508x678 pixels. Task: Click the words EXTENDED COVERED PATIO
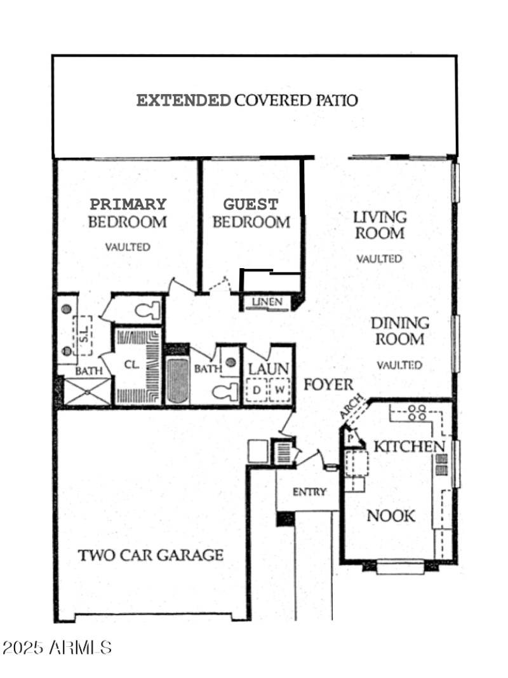point(248,100)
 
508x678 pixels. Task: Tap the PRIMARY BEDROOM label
point(127,214)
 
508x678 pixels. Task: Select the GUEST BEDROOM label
point(251,214)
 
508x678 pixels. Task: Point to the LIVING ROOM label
point(380,225)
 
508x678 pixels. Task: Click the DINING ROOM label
point(399,331)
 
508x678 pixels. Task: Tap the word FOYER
point(328,385)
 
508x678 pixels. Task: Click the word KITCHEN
point(408,447)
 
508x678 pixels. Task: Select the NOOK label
point(391,516)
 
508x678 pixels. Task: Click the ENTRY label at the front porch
point(309,492)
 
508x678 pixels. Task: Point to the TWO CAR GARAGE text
point(150,555)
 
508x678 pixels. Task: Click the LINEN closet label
point(267,302)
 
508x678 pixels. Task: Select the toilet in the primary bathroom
point(147,311)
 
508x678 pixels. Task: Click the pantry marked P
point(350,438)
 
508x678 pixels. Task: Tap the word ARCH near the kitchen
point(351,407)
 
